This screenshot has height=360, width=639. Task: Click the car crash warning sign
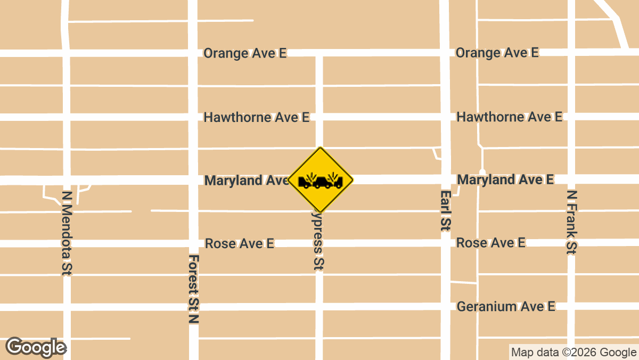tap(321, 180)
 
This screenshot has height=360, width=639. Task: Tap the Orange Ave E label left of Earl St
tap(245, 53)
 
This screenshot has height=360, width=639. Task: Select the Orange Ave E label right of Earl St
tap(497, 53)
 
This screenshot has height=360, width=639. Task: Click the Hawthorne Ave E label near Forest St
tap(256, 117)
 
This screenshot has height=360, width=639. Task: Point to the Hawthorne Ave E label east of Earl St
tap(509, 117)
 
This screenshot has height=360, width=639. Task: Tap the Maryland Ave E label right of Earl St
tap(505, 180)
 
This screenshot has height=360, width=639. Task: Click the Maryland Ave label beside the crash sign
tap(246, 181)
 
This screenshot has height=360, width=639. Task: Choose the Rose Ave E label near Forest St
tap(240, 244)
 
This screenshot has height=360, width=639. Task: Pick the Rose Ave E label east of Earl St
tap(490, 243)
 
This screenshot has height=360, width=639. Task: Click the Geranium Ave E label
tap(506, 307)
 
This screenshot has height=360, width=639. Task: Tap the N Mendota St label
tap(67, 233)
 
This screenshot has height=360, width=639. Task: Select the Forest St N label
tap(193, 289)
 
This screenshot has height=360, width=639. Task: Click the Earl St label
tap(445, 210)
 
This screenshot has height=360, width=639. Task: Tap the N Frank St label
tap(571, 222)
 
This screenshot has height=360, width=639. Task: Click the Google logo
tap(36, 347)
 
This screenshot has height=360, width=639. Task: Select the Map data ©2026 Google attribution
tap(573, 352)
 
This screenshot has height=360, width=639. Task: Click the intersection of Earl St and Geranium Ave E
tap(445, 307)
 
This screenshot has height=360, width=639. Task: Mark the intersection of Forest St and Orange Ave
tap(193, 53)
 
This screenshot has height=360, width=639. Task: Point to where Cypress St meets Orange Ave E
tap(319, 53)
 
